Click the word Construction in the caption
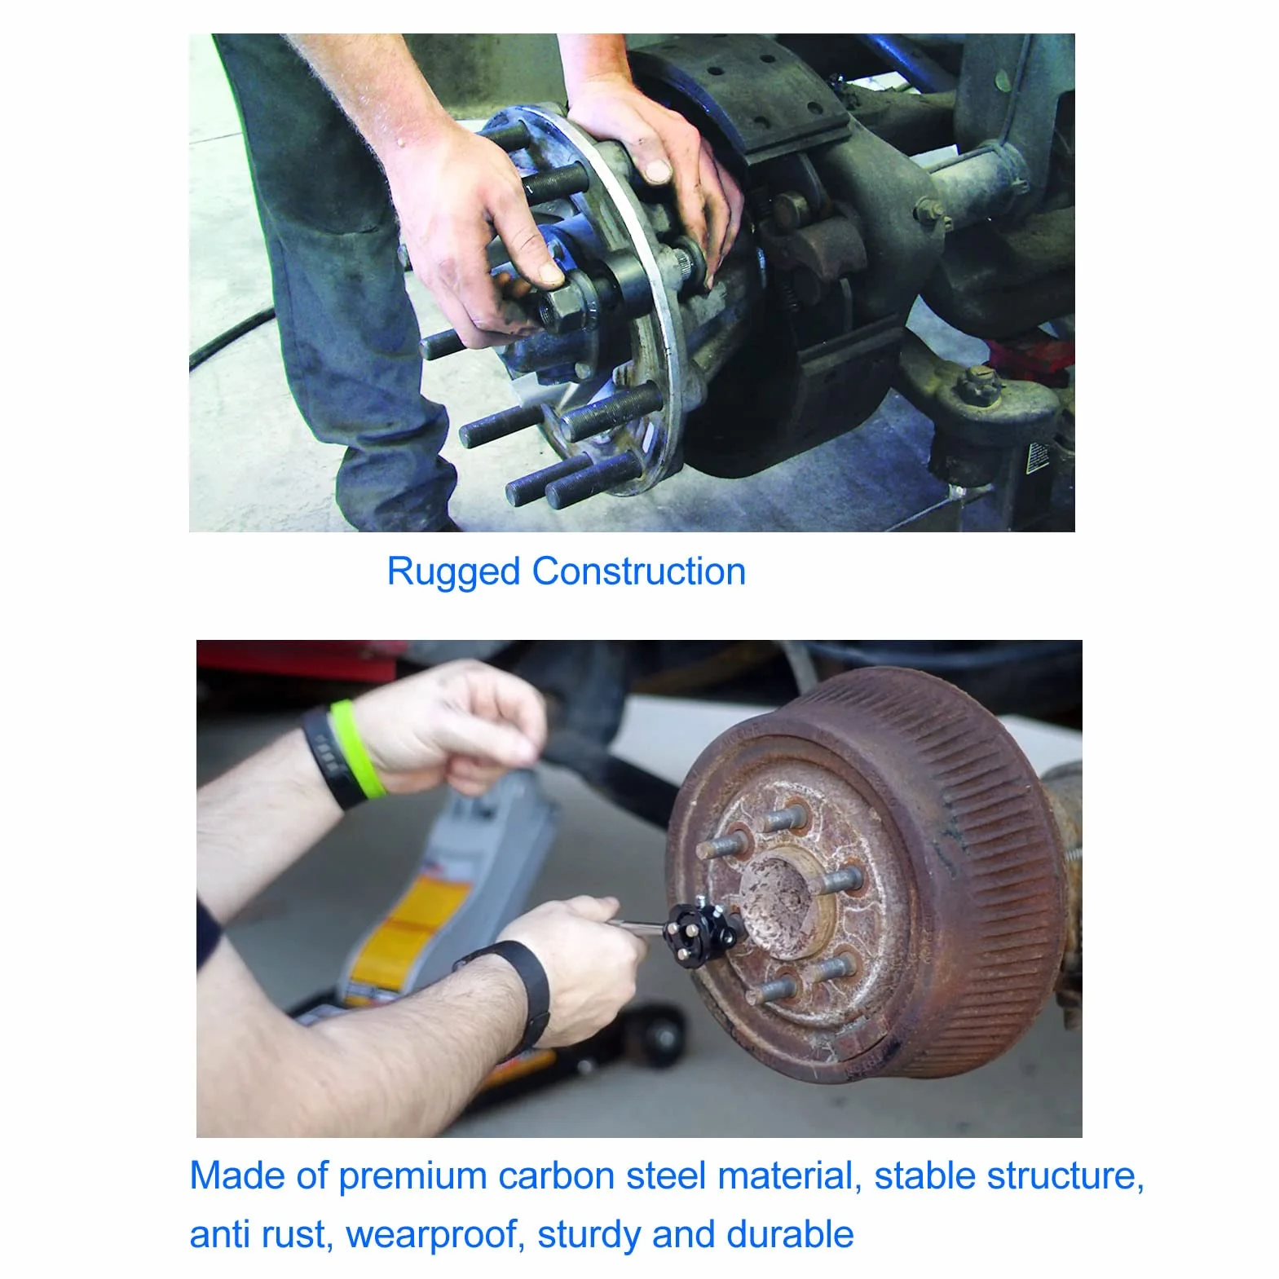[x=639, y=571]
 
